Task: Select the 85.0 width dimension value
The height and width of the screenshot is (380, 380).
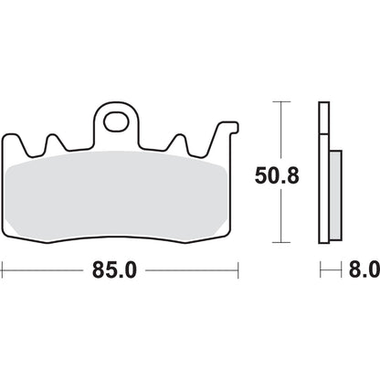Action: (x=120, y=270)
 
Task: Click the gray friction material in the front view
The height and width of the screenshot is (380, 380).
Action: (x=120, y=196)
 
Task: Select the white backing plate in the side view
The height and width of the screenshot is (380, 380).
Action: (x=322, y=174)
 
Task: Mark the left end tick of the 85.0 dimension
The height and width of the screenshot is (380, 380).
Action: (x=3, y=270)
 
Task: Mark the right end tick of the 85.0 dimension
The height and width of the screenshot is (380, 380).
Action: (x=237, y=270)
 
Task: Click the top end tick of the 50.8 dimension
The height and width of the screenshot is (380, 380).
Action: (x=280, y=102)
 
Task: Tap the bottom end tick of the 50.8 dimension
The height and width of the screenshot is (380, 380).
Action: (x=280, y=244)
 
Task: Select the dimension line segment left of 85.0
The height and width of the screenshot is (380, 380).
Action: (x=46, y=270)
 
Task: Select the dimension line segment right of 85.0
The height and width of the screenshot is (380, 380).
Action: (x=192, y=270)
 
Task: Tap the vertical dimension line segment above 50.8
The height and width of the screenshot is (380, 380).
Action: (x=280, y=128)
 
